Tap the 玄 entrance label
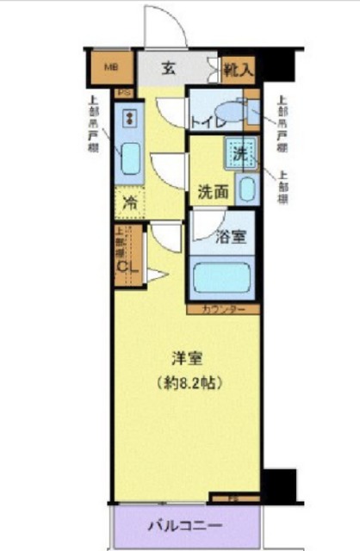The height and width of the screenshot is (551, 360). point(169,68)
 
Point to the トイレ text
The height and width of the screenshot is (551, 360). point(207,121)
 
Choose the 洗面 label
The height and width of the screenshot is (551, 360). point(212,191)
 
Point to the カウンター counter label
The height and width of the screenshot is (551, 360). point(222,309)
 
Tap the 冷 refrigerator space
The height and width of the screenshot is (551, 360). point(129,206)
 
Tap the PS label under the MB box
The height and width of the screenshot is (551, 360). point(124,93)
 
